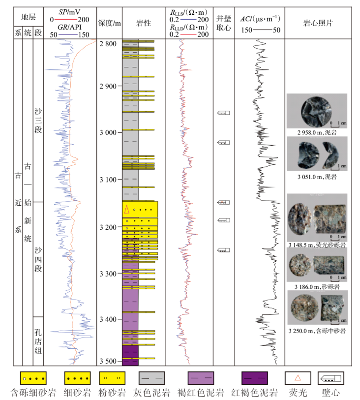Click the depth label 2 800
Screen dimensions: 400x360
[x=107, y=44]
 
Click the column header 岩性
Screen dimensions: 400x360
[x=143, y=23]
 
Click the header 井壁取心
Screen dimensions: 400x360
[x=224, y=23]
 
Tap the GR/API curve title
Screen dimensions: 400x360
[x=69, y=27]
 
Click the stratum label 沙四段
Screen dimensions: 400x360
[x=38, y=259]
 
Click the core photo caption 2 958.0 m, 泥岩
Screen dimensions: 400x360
[x=316, y=132]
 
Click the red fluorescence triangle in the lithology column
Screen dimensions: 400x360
[x=127, y=209]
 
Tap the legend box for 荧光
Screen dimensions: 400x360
[x=297, y=378]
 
